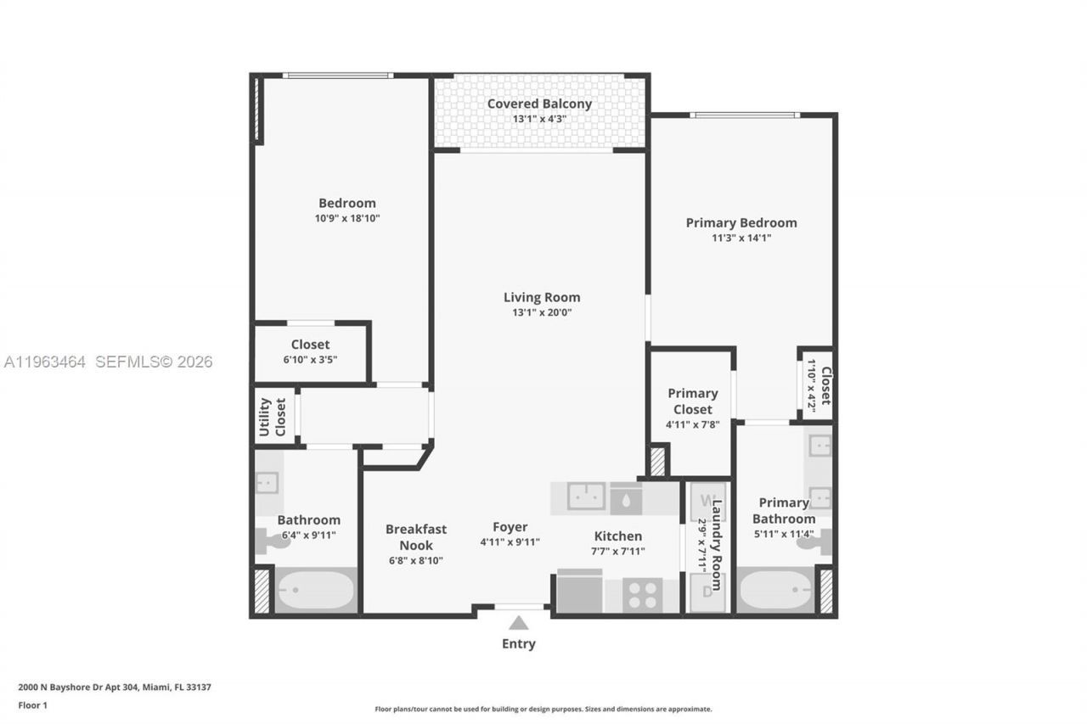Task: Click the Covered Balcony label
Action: [x=539, y=104]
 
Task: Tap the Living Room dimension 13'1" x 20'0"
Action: [x=542, y=312]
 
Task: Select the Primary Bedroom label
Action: [x=741, y=222]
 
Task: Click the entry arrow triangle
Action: [x=518, y=623]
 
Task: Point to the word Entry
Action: [x=518, y=644]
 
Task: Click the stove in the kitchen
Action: [x=642, y=594]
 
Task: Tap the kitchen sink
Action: [x=587, y=497]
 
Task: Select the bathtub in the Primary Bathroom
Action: [x=775, y=590]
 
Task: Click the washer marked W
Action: [x=706, y=502]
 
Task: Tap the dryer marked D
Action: [x=706, y=592]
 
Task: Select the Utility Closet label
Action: [x=273, y=417]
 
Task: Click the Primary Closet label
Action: [x=692, y=401]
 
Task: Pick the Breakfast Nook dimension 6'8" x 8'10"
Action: [x=415, y=560]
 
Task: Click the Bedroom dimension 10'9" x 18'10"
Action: [x=346, y=218]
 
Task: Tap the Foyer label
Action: [x=510, y=527]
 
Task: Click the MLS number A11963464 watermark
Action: [x=44, y=362]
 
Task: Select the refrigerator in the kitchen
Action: [x=580, y=592]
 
